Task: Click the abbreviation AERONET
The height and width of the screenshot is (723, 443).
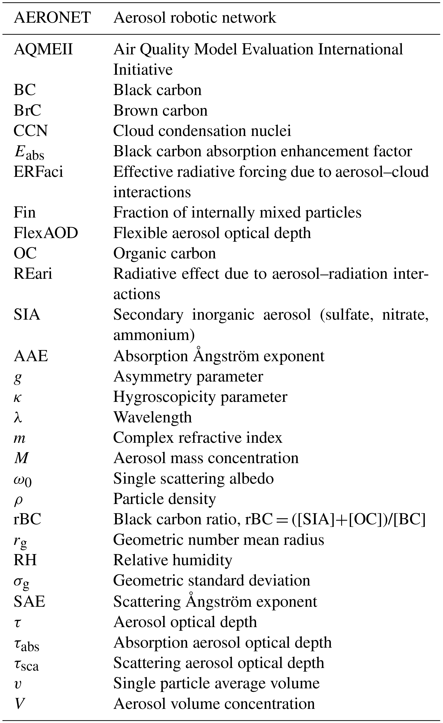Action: tap(52, 18)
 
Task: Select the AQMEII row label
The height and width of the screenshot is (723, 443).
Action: tap(43, 49)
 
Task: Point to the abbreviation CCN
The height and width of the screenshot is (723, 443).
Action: tap(31, 131)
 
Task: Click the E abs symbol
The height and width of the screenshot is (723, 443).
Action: tap(29, 152)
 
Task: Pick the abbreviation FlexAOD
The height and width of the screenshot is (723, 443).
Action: tap(46, 233)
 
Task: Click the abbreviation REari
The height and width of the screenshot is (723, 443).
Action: tap(33, 274)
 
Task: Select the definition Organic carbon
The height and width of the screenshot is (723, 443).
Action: tap(165, 253)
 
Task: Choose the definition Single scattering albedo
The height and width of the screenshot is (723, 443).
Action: tap(193, 479)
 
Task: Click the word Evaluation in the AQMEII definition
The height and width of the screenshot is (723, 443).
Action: tap(277, 49)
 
